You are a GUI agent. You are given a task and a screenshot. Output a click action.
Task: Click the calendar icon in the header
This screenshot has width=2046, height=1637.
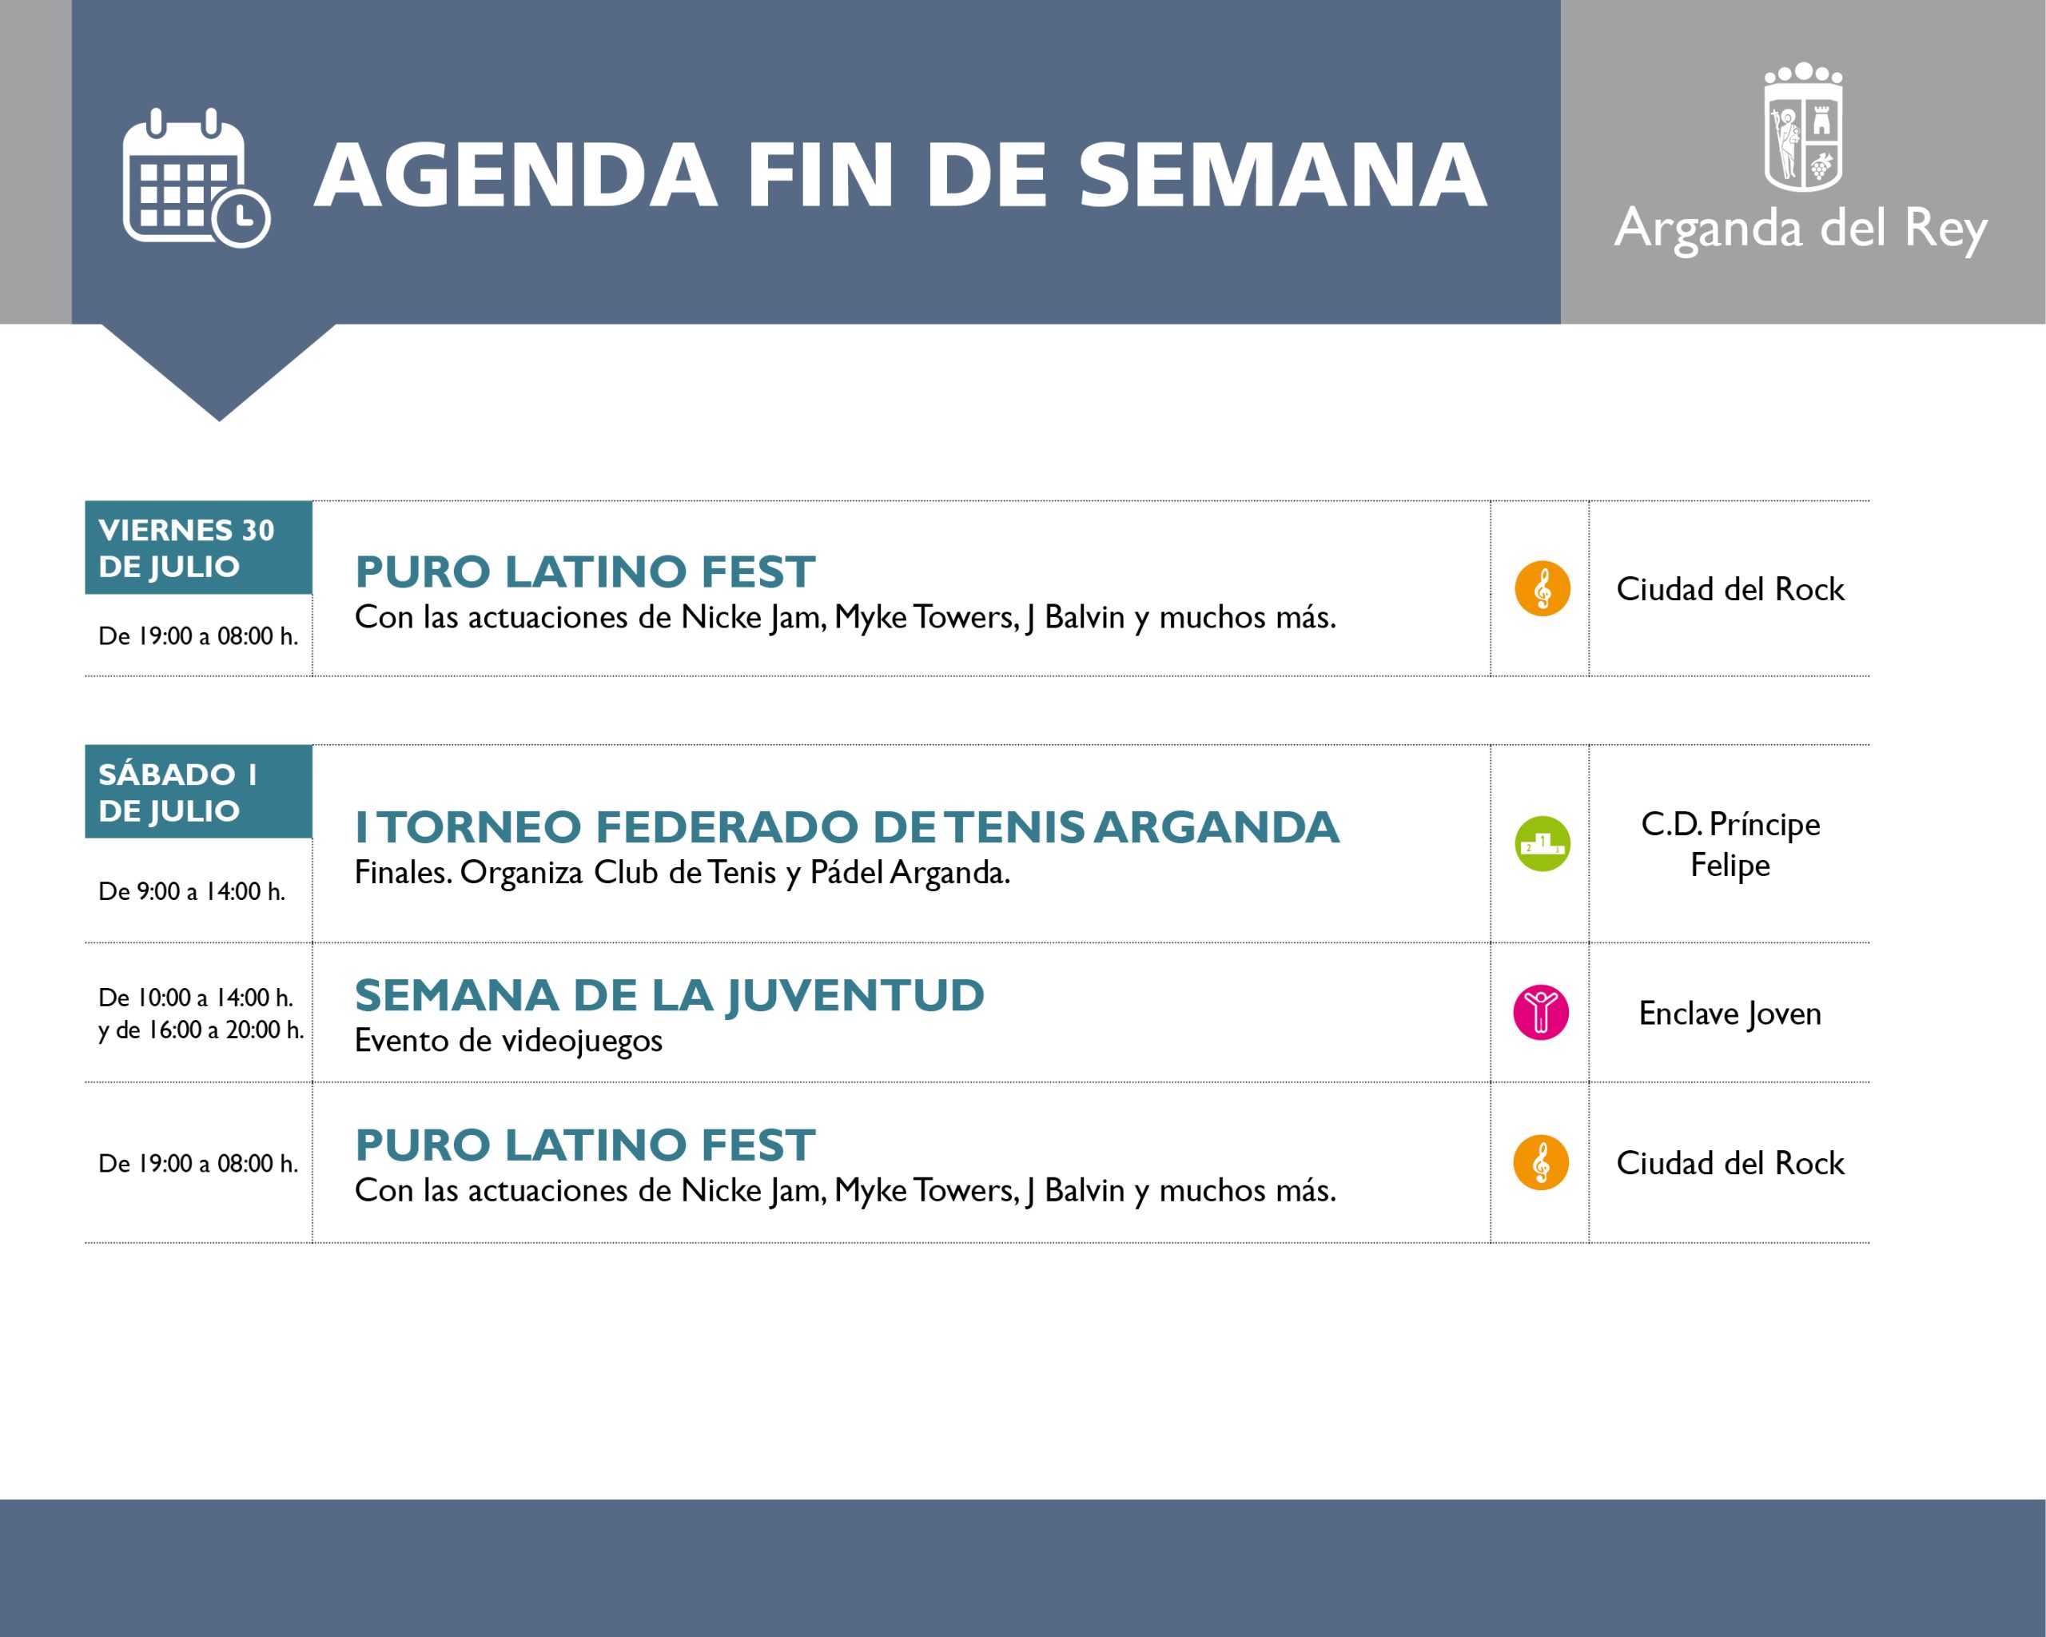[196, 177]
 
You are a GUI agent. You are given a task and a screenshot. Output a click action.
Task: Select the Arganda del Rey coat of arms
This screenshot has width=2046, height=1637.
[1803, 127]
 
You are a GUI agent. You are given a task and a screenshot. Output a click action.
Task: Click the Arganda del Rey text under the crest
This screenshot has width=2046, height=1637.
[1801, 229]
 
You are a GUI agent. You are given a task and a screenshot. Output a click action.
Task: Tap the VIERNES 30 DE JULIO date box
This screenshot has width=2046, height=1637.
[198, 548]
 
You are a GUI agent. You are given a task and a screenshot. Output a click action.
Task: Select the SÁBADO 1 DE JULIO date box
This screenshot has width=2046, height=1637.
[198, 791]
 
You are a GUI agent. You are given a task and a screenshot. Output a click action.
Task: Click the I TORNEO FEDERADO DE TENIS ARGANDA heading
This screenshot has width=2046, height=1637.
[846, 826]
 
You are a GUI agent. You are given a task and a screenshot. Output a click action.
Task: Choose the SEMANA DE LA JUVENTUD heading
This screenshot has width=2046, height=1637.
[669, 995]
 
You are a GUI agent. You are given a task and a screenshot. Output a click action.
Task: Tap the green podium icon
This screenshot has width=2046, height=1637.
[1542, 843]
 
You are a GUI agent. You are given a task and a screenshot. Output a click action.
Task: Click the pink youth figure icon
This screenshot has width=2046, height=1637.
[1541, 1013]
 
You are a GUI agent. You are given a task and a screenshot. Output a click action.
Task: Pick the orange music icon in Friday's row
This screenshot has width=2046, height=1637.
[1542, 588]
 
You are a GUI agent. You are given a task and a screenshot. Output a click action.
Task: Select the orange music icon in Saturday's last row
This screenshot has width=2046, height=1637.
[1541, 1162]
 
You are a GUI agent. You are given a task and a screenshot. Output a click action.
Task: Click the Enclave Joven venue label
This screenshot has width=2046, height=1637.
[1730, 1014]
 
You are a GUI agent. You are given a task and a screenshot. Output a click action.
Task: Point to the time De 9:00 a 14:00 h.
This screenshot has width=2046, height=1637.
[192, 891]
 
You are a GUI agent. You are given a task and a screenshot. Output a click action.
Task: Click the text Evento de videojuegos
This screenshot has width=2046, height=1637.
[508, 1041]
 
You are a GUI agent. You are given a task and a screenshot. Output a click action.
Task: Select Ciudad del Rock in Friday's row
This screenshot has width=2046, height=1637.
[1730, 589]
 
